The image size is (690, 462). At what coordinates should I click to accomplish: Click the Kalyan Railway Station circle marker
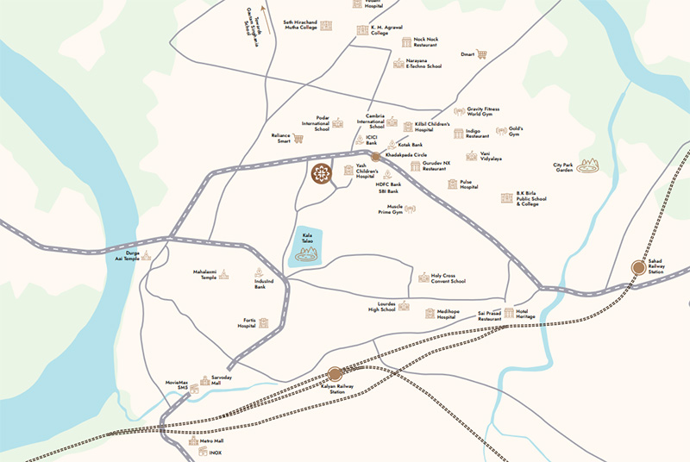click(x=335, y=373)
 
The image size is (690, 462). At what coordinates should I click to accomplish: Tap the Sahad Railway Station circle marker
click(x=638, y=267)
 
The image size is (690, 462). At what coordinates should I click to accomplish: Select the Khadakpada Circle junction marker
click(x=375, y=156)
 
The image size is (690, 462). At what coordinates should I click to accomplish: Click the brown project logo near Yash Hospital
click(x=322, y=172)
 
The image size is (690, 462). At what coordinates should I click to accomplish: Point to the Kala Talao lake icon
click(x=305, y=253)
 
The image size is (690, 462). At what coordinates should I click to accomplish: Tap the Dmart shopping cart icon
click(x=481, y=54)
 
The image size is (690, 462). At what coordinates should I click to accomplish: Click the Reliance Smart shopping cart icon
click(x=298, y=138)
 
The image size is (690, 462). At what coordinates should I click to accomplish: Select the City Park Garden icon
click(x=588, y=164)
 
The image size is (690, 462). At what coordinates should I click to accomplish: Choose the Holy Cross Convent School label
click(x=448, y=278)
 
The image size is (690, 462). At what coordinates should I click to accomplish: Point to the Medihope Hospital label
click(x=446, y=315)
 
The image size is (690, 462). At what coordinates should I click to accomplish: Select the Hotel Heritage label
click(x=526, y=314)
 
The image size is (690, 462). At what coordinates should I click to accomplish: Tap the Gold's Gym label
click(x=516, y=132)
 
